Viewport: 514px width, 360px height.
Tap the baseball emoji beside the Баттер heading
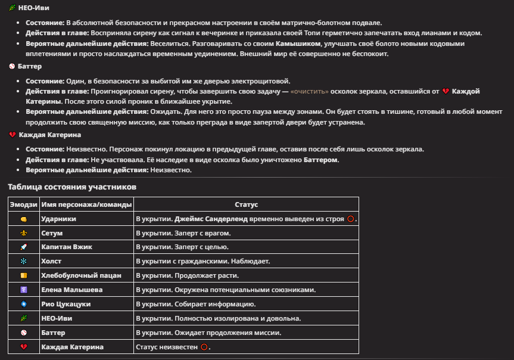(x=12, y=66)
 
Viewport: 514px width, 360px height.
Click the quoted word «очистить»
(x=309, y=91)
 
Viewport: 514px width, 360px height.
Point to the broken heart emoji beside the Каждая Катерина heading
(x=12, y=135)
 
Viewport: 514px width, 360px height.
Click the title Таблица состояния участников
(x=72, y=187)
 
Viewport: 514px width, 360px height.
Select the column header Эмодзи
(x=24, y=204)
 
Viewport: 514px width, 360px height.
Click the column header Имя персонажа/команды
(x=86, y=204)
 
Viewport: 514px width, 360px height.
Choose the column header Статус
(x=246, y=204)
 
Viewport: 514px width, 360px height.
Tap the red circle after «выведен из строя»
(x=351, y=219)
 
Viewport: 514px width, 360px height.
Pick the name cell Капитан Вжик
(x=67, y=247)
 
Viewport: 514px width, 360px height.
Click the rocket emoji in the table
(x=24, y=247)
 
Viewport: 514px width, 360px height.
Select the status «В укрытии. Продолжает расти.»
(x=187, y=275)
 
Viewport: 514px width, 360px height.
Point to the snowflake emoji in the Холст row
(x=24, y=261)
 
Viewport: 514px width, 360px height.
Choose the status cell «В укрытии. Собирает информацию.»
(x=194, y=304)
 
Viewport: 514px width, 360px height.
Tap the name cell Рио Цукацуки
(x=66, y=304)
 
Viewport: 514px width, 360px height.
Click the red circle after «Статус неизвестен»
(x=204, y=347)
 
